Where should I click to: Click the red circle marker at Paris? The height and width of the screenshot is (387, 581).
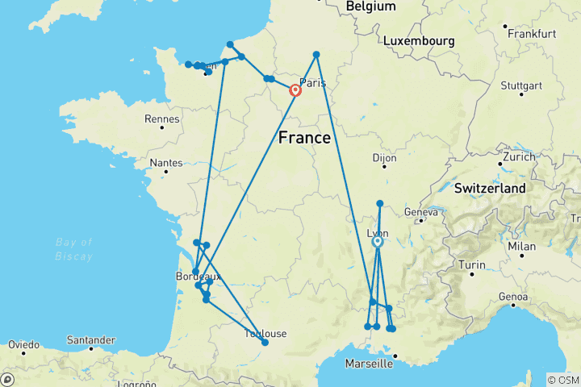(x=295, y=91)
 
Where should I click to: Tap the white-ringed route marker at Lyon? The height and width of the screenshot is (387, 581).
(x=377, y=241)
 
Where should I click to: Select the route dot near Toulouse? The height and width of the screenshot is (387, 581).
(x=265, y=343)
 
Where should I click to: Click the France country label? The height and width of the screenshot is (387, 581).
(x=304, y=138)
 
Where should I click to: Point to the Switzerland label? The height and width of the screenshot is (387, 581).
(x=490, y=188)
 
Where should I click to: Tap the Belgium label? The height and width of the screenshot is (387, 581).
(x=370, y=6)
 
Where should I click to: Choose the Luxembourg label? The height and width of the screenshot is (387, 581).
(x=419, y=41)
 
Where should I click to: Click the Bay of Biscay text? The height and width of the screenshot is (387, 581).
(x=74, y=249)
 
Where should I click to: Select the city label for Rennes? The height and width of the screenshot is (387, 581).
(x=161, y=119)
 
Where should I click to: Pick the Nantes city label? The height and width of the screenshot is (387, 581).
(x=166, y=162)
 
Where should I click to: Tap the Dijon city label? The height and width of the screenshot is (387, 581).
(x=384, y=159)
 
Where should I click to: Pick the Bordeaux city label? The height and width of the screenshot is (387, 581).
(x=198, y=277)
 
